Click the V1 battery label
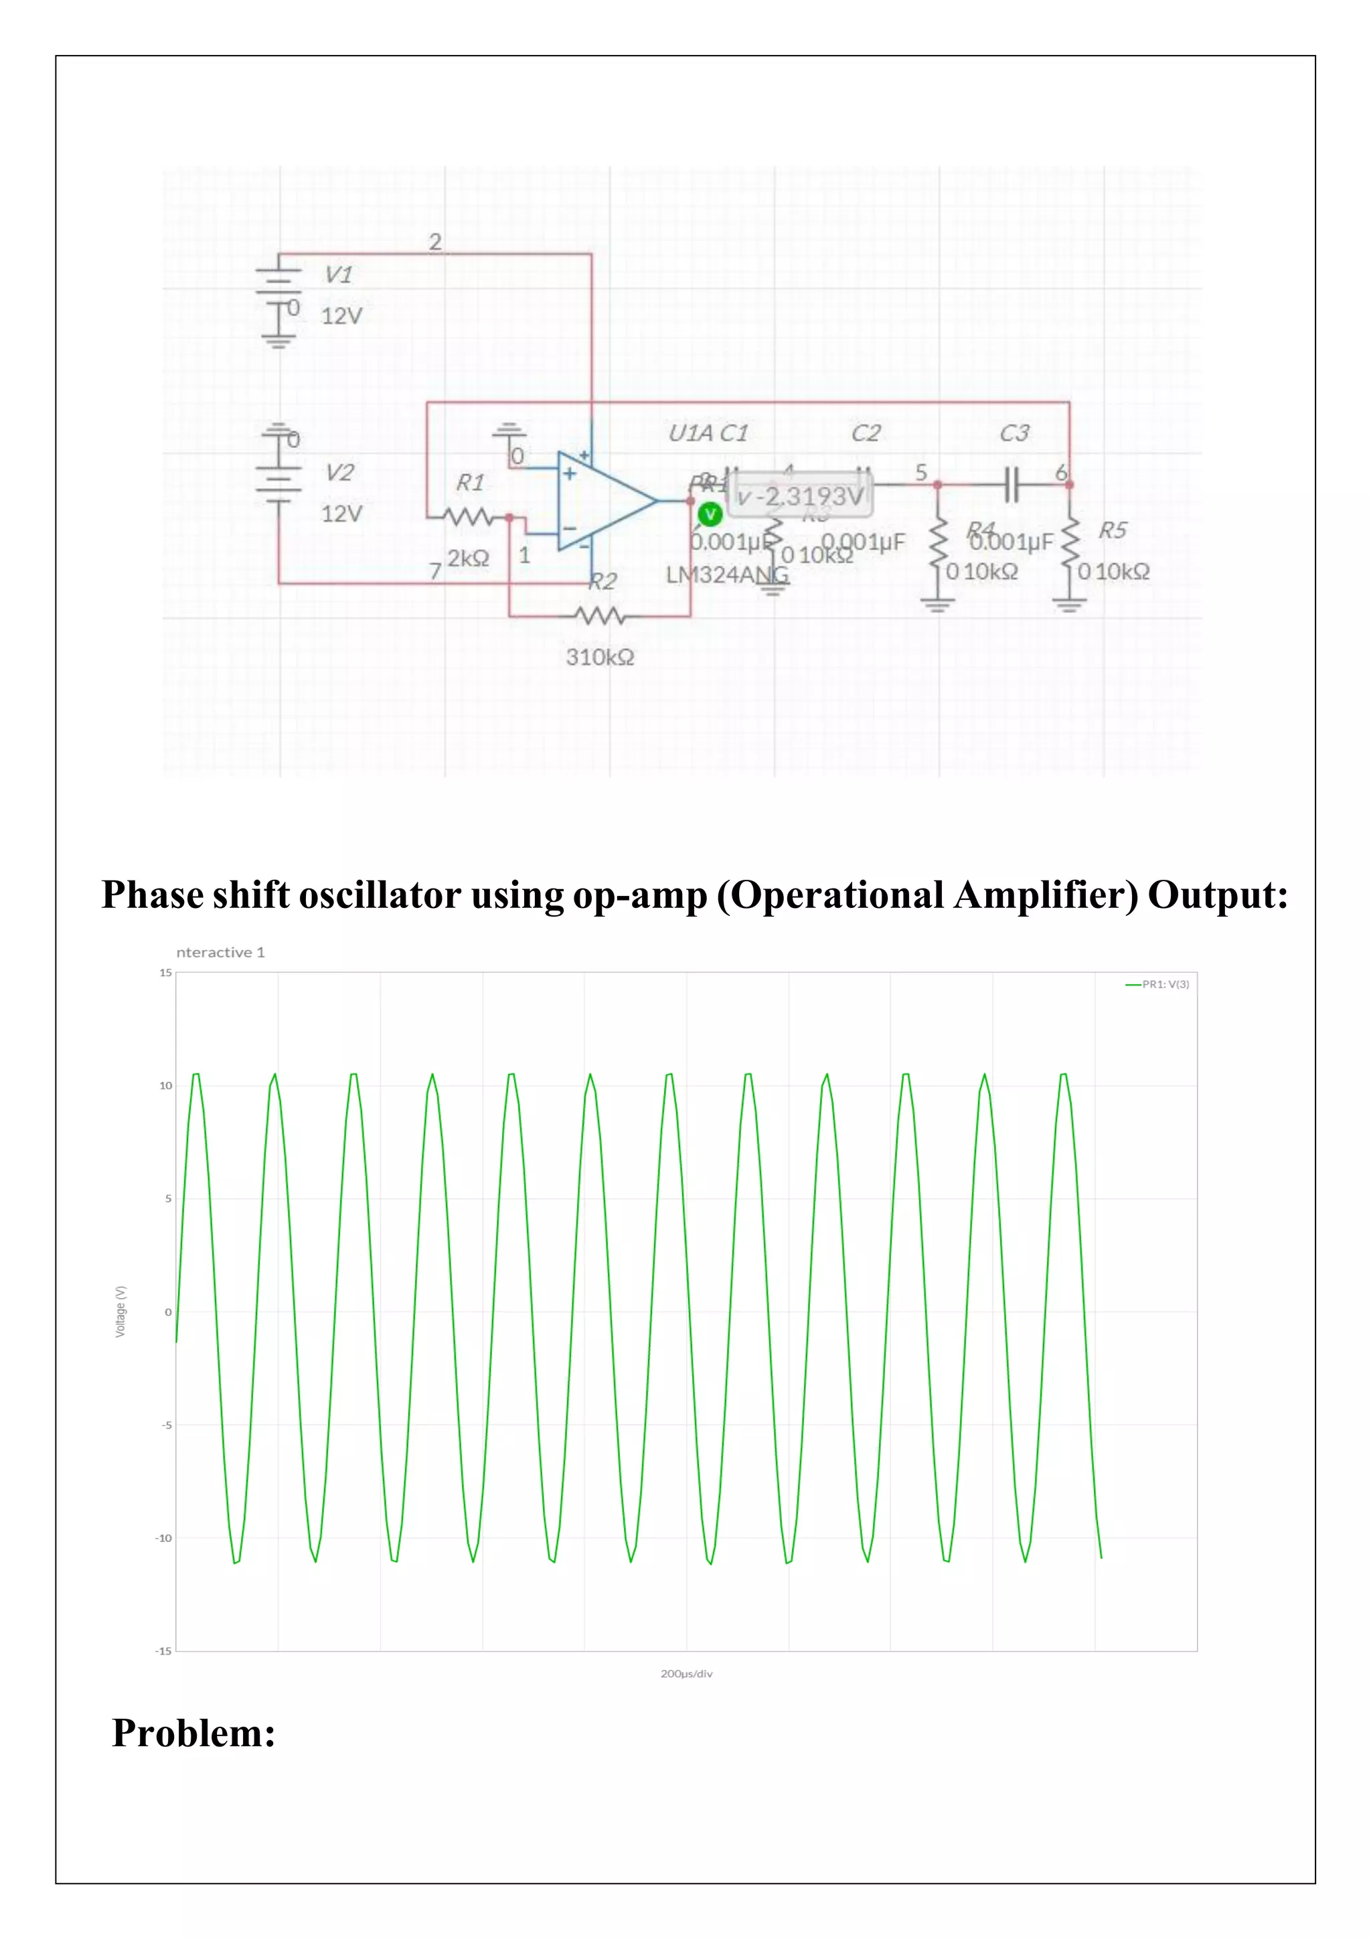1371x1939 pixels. pos(339,275)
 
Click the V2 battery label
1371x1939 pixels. pos(339,472)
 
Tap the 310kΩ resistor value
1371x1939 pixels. pos(599,657)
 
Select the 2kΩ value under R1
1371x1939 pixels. pos(468,558)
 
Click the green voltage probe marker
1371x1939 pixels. pos(710,514)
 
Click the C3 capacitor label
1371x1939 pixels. pos(1014,433)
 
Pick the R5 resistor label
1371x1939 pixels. pos(1112,530)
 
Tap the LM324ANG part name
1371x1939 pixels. pos(727,575)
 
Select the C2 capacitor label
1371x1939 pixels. pos(866,433)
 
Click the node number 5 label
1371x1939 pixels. pos(921,472)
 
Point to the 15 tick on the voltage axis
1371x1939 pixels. pos(165,972)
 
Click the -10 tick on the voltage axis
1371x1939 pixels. pos(163,1538)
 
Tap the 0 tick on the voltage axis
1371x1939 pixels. pos(168,1312)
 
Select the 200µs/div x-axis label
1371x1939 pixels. pos(686,1673)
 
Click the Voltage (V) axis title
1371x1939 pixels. pos(120,1312)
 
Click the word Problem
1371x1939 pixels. pos(193,1733)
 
